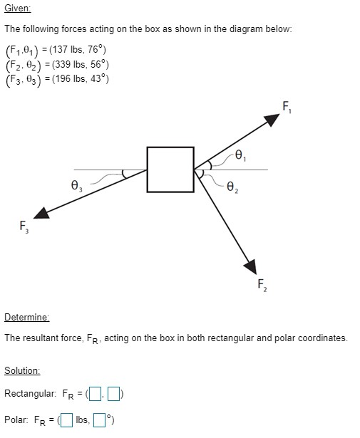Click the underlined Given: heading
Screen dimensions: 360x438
point(17,9)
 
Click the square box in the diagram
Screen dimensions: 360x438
point(170,170)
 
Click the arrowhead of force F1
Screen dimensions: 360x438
point(272,120)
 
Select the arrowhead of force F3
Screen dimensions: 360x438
point(41,212)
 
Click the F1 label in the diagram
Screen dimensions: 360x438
point(286,108)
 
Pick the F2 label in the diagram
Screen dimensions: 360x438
point(262,286)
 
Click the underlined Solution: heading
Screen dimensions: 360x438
point(22,370)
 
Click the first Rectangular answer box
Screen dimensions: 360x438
point(96,394)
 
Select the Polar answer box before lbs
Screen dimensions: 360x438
point(66,419)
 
